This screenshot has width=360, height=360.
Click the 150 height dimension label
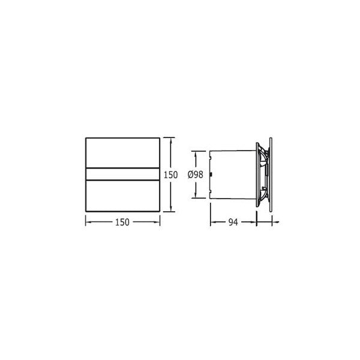click(x=170, y=175)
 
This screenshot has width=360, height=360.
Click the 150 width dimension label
click(x=122, y=222)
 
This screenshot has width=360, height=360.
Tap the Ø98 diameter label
click(x=196, y=175)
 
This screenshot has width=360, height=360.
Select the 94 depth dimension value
click(x=233, y=222)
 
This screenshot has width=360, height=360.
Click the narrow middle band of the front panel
click(x=122, y=174)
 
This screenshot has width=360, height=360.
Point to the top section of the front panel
click(x=122, y=153)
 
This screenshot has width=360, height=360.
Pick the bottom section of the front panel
click(x=122, y=196)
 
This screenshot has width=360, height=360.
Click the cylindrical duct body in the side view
click(x=233, y=175)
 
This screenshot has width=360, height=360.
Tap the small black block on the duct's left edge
click(x=211, y=175)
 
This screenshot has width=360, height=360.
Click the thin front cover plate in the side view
click(x=271, y=175)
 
